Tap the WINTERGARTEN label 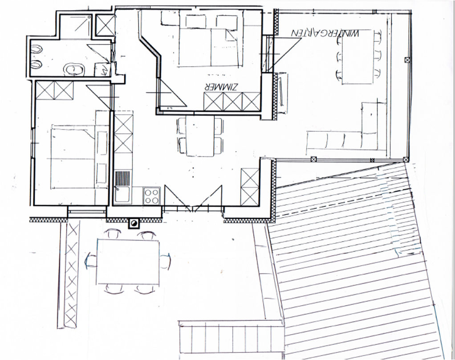coord(325,33)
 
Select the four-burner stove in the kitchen coord(151,195)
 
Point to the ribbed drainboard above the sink coord(123,179)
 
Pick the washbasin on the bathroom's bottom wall coord(74,70)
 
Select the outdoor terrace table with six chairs coord(128,262)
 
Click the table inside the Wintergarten coord(357,58)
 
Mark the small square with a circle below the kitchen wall coord(134,223)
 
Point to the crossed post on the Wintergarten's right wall coord(406,60)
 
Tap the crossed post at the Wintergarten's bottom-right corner coord(405,159)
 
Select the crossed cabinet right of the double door coord(249,186)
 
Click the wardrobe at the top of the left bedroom coord(54,91)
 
